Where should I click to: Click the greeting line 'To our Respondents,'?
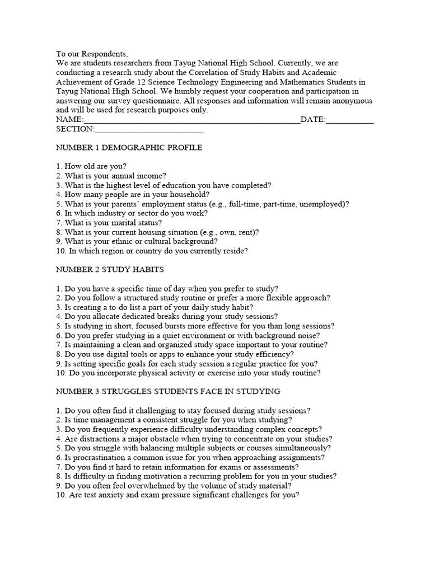point(92,54)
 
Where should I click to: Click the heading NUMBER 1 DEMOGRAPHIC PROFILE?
point(129,148)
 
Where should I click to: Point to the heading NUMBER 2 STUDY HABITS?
point(110,269)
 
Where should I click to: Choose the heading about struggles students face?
point(168,391)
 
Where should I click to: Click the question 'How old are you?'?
point(91,166)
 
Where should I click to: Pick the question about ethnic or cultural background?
point(137,241)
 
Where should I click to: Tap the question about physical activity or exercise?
point(188,373)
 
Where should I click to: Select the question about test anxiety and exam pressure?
point(178,494)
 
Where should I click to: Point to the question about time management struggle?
point(174,419)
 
